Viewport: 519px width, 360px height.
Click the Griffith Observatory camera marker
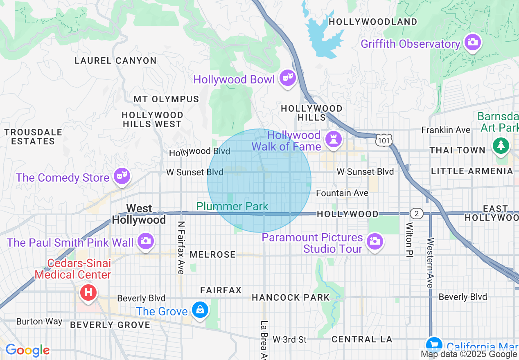[x=472, y=42]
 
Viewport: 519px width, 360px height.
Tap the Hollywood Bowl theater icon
[x=287, y=77]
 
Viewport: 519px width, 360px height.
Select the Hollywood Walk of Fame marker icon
[x=333, y=139]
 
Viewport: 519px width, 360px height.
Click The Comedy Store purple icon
[x=122, y=176]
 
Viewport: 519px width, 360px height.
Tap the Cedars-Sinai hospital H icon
[x=88, y=292]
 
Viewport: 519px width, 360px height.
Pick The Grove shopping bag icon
[x=200, y=310]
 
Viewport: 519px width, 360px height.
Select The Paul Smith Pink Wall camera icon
[x=145, y=241]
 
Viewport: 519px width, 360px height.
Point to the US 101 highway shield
[x=384, y=140]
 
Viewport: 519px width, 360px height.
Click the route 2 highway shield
[x=416, y=213]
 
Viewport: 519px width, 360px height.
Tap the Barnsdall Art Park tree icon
[x=501, y=146]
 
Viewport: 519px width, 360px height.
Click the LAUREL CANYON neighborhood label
[x=115, y=61]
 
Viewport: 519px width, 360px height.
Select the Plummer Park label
[x=232, y=206]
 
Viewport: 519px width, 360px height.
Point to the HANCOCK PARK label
[x=291, y=297]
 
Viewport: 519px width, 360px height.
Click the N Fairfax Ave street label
[x=181, y=248]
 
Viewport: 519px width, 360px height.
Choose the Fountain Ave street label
[x=342, y=193]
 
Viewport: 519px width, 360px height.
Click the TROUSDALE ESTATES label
[x=33, y=137]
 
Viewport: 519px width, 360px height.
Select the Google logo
[x=27, y=350]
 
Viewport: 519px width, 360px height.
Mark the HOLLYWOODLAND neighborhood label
[x=373, y=22]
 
